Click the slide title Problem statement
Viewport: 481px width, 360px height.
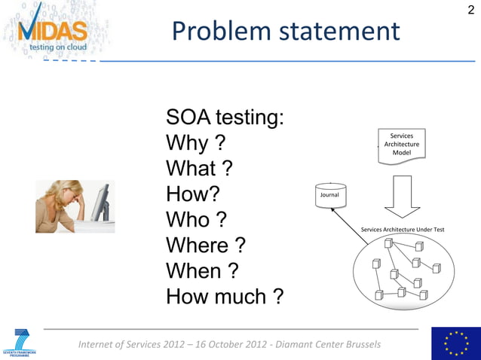click(x=285, y=31)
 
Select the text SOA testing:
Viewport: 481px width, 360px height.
click(x=225, y=117)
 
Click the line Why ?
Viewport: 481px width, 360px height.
click(x=196, y=143)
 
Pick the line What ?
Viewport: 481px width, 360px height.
click(x=198, y=169)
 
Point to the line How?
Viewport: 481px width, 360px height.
click(x=192, y=194)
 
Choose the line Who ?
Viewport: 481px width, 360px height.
click(x=196, y=220)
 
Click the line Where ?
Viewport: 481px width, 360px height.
click(x=205, y=246)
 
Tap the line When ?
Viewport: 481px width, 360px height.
click(x=202, y=270)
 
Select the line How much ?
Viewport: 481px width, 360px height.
click(x=225, y=296)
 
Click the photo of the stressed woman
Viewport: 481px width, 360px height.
click(x=75, y=206)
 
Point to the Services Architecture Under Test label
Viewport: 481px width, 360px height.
click(x=403, y=229)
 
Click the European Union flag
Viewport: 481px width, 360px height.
click(x=455, y=343)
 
